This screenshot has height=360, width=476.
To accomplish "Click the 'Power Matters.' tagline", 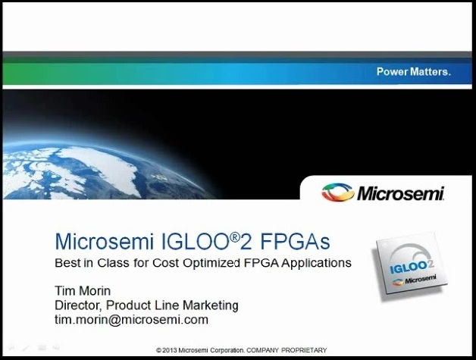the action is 413,72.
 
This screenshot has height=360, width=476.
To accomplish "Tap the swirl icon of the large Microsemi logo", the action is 338,193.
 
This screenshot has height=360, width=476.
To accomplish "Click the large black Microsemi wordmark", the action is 401,193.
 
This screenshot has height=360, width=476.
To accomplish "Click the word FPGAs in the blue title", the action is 295,242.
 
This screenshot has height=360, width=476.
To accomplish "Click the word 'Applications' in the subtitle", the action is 316,263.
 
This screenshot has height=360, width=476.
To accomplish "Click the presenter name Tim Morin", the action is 83,291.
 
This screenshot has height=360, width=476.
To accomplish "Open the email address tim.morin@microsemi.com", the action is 131,320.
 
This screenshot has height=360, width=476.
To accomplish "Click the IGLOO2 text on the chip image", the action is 412,267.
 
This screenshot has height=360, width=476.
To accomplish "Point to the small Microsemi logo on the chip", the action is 414,280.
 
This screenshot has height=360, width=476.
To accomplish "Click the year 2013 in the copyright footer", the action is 169,350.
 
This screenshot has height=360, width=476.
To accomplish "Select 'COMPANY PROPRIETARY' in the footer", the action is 287,350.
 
